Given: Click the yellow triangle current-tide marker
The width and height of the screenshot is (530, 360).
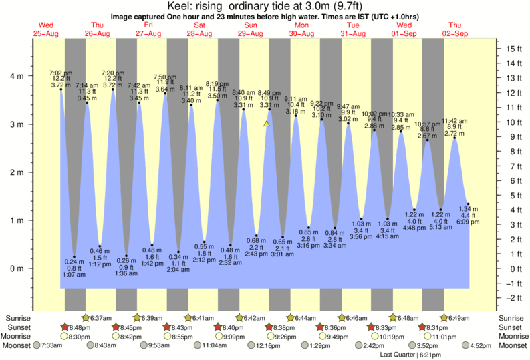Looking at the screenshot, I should (267, 124).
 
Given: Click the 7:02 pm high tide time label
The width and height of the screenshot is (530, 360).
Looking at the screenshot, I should (59, 73).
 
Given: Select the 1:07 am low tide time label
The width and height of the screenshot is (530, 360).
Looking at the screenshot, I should (74, 275).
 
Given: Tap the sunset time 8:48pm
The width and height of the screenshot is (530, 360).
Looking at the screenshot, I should (78, 327).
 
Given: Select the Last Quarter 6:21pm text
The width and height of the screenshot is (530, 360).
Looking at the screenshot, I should (407, 355).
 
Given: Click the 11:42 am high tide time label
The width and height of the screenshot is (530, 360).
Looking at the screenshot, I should (454, 122).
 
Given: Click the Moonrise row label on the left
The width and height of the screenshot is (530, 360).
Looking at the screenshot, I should (20, 337).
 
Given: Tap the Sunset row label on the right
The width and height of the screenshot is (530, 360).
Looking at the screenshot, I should (512, 327).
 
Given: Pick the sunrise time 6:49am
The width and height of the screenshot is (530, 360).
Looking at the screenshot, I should (459, 317).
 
